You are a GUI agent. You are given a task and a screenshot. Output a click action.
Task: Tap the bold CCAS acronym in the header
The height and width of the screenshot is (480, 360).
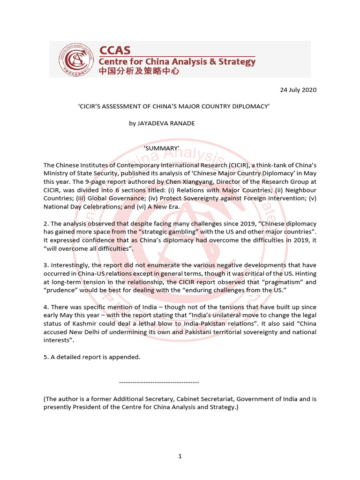[x=115, y=50]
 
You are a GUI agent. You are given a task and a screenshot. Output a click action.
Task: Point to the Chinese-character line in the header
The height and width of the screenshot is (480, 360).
[x=139, y=72]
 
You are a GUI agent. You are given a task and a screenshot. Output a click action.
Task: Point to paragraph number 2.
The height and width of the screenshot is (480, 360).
[x=45, y=224]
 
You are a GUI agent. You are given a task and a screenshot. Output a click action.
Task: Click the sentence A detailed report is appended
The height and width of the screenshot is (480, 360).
[x=95, y=357]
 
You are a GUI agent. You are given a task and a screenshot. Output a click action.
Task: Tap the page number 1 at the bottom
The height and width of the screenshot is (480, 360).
[x=180, y=457]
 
